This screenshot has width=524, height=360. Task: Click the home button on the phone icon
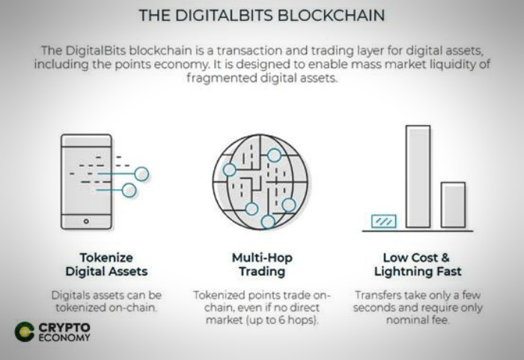86,222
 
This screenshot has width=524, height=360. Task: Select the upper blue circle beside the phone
141,174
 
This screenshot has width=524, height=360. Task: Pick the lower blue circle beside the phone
129,191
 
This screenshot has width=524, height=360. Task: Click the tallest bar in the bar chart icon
418,177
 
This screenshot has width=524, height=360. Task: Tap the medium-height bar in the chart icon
453,205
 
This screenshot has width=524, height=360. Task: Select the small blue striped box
384,222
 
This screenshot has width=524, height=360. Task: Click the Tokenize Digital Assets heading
106,264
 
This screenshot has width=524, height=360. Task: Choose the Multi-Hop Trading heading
262,264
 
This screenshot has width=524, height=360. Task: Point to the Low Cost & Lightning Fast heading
418,264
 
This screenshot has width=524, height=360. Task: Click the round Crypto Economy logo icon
25,332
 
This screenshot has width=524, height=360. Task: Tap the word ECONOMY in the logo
64,338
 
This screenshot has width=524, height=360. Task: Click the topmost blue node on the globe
274,155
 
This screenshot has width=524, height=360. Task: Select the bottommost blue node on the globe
268,222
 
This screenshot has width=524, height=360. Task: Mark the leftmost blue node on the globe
229,170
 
